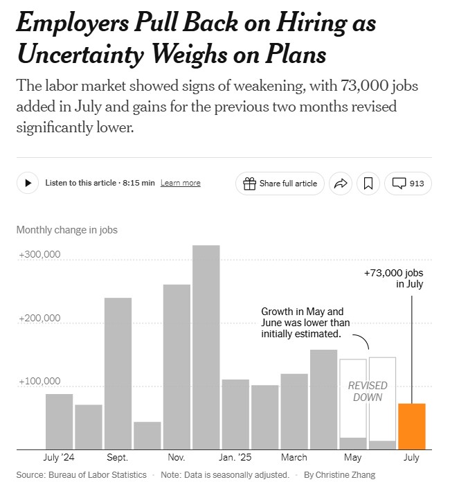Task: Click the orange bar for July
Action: (x=411, y=427)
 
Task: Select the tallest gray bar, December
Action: (x=206, y=346)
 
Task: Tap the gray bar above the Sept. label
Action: (x=118, y=374)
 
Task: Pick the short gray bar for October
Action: (x=147, y=435)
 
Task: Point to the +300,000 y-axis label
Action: (x=40, y=254)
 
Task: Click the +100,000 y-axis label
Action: (x=40, y=382)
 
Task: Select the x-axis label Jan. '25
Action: (x=235, y=458)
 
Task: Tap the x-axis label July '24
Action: (x=59, y=458)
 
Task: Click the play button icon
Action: (x=28, y=183)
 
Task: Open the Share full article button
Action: (x=280, y=184)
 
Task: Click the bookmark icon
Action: (x=368, y=184)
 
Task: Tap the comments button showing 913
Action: (x=408, y=184)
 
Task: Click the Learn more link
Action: (x=180, y=184)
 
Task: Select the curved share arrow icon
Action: (x=340, y=184)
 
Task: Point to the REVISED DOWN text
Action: (x=368, y=391)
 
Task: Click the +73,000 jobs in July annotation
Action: (x=393, y=278)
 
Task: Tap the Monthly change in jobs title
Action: (x=67, y=230)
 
